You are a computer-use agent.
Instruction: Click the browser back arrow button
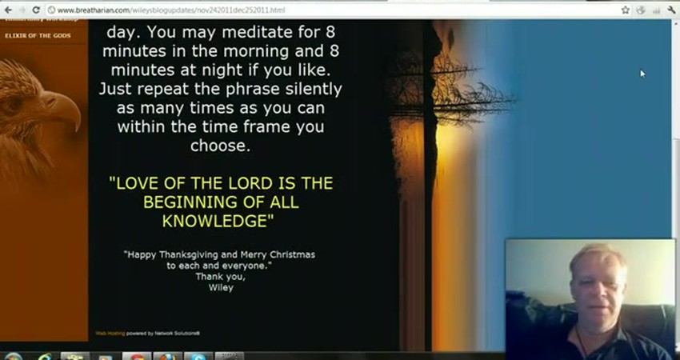(7, 10)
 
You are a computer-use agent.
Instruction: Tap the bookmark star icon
(626, 10)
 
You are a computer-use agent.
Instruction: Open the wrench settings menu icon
(670, 10)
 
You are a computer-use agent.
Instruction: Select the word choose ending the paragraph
(220, 146)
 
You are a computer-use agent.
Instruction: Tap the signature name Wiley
(220, 287)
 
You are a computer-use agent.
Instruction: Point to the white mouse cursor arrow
(642, 73)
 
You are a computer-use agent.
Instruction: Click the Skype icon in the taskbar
(198, 357)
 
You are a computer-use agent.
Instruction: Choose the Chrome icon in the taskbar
(137, 357)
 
